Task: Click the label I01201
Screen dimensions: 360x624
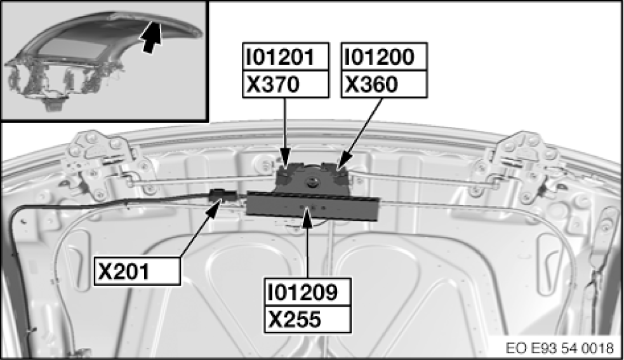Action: (286, 58)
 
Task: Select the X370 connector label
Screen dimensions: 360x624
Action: (286, 83)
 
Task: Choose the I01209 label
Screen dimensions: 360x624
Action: (307, 292)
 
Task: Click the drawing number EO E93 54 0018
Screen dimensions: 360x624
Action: (560, 348)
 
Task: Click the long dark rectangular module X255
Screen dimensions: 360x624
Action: (313, 204)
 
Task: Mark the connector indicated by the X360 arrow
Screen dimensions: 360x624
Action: (336, 170)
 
